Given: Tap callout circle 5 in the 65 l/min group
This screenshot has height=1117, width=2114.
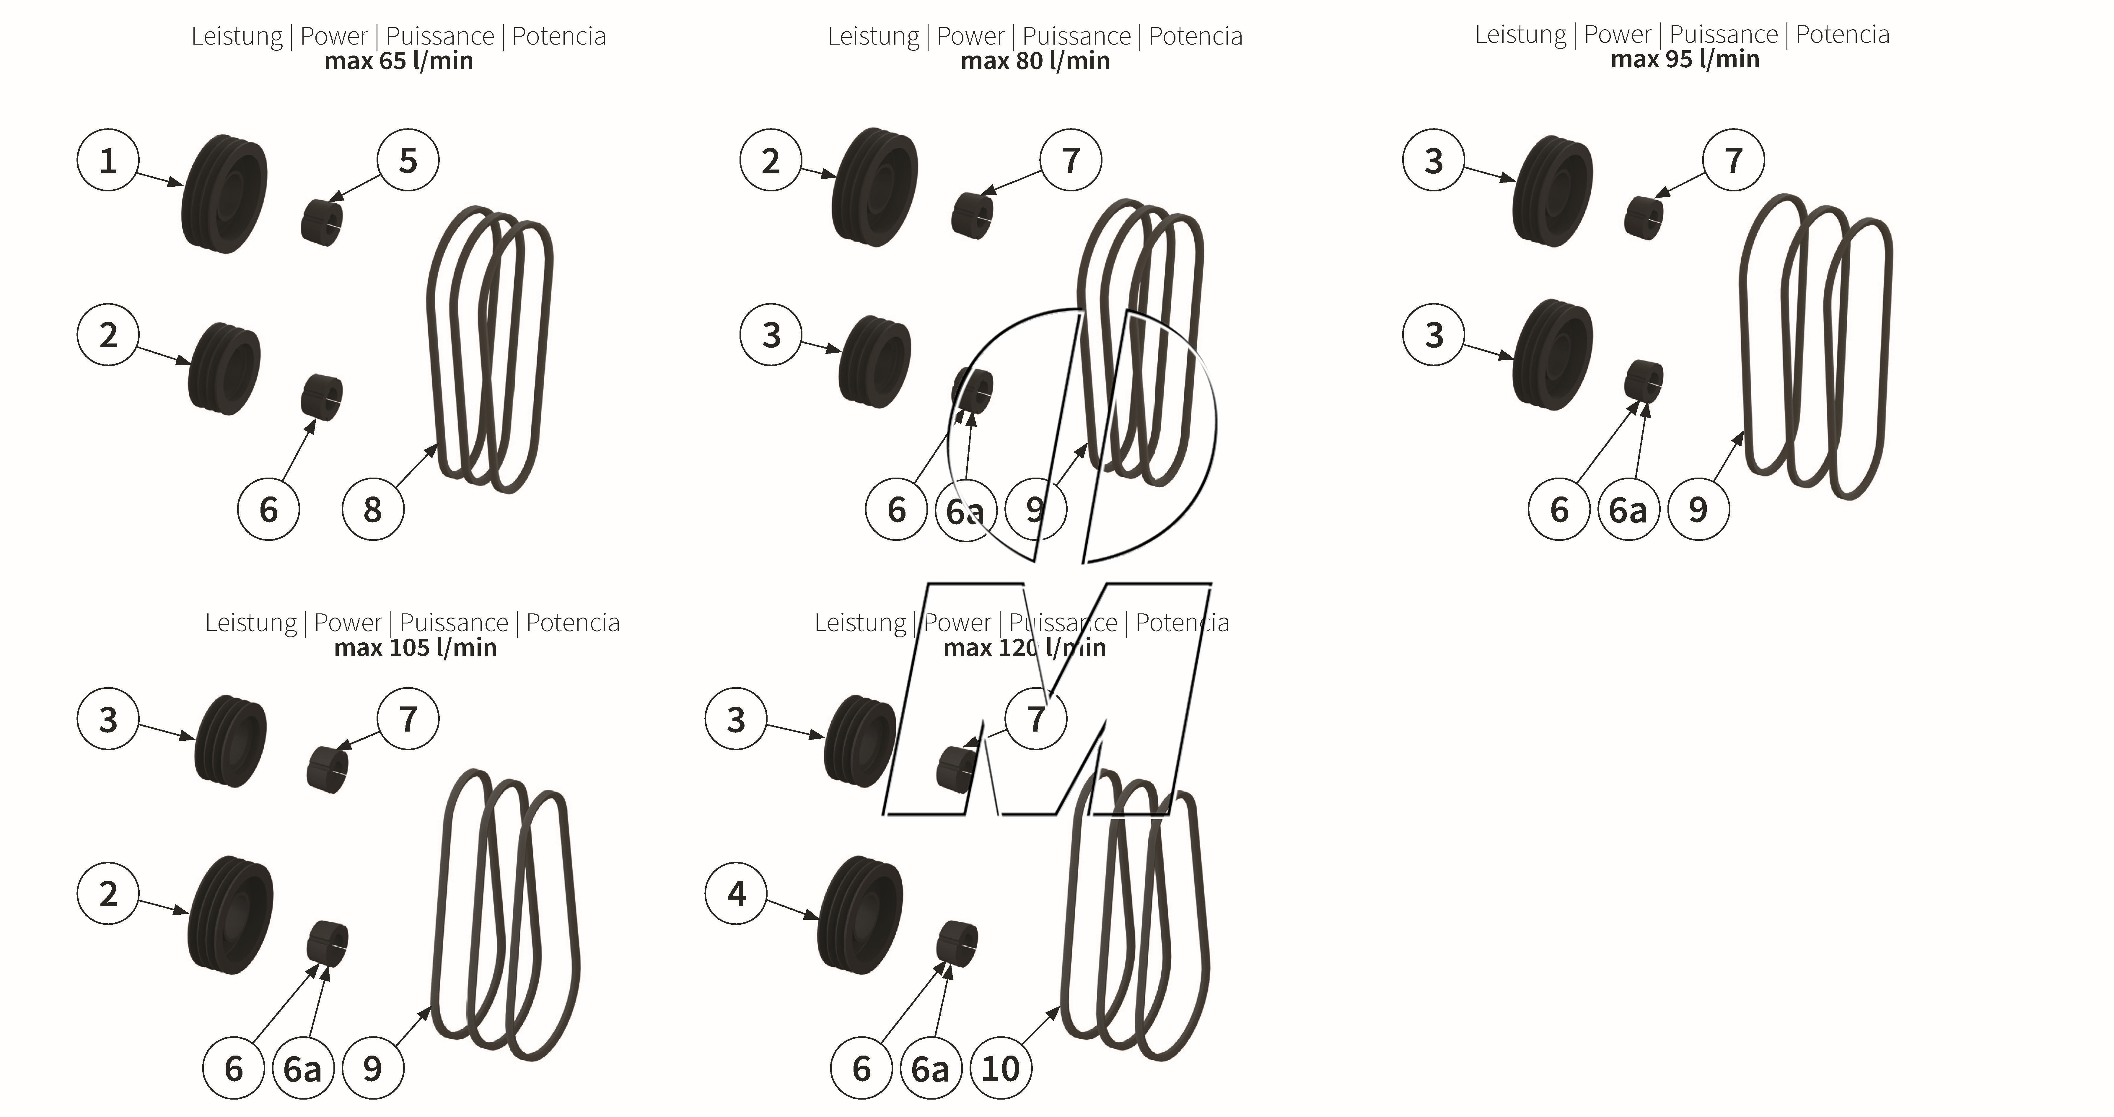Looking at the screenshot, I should pyautogui.click(x=408, y=161).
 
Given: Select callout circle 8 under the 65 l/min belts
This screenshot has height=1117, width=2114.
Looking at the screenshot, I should pyautogui.click(x=373, y=510).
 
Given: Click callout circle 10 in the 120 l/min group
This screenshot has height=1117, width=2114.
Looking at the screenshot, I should pyautogui.click(x=1000, y=1069).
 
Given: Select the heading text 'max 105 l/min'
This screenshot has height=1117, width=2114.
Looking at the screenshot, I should pyautogui.click(x=415, y=648).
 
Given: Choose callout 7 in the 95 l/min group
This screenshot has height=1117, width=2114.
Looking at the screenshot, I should pyautogui.click(x=1733, y=161).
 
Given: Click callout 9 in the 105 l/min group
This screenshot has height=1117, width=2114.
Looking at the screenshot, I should pyautogui.click(x=373, y=1069).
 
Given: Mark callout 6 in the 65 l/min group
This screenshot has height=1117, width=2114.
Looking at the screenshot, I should pyautogui.click(x=268, y=510).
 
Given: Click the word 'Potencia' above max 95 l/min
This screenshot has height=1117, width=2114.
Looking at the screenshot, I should pyautogui.click(x=1842, y=35).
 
